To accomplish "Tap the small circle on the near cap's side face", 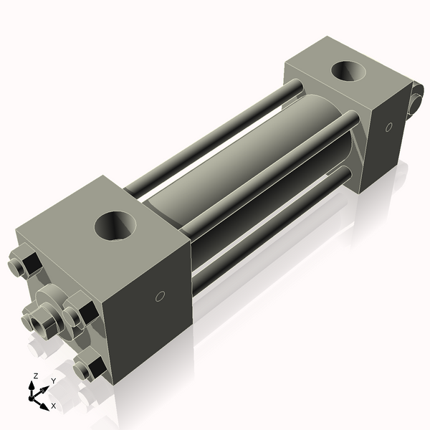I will [x=161, y=295].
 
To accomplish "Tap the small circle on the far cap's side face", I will [x=389, y=128].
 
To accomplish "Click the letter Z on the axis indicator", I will [x=35, y=375].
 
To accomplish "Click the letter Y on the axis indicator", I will [x=54, y=381].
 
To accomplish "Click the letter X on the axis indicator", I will [x=53, y=406].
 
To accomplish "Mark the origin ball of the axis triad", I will [x=33, y=393].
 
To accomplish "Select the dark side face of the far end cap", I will [x=387, y=143].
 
